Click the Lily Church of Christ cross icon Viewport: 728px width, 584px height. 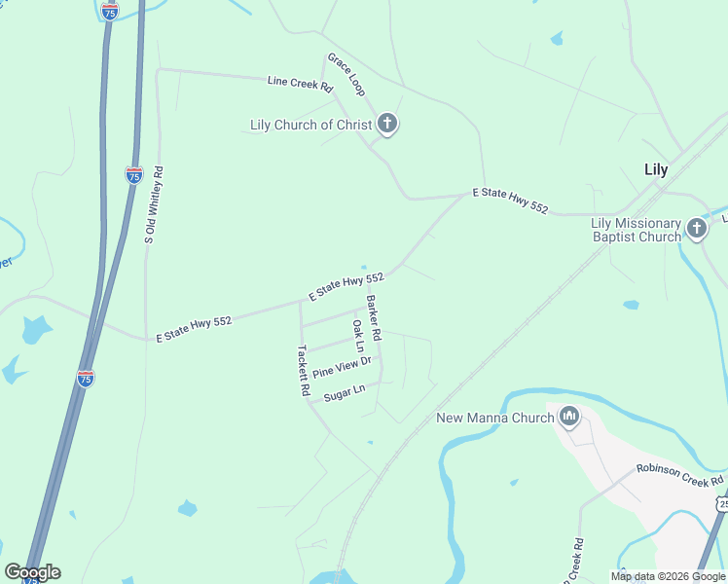387,124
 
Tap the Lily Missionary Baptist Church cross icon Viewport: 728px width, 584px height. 696,229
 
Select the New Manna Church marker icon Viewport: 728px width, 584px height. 570,418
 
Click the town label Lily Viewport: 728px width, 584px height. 656,169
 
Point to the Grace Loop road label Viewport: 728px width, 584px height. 346,75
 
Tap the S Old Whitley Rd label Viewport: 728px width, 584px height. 154,204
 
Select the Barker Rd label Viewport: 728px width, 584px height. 374,317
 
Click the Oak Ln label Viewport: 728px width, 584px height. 358,335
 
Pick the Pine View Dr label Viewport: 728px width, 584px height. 342,368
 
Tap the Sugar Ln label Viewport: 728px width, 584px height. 344,392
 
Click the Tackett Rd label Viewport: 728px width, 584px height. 304,371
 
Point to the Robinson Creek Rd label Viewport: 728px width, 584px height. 680,474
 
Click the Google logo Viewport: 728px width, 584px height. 32,572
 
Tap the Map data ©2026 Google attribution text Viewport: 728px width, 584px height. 668,576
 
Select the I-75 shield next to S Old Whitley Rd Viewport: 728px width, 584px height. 134,175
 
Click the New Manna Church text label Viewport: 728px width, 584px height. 493,418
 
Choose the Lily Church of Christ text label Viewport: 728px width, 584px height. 311,125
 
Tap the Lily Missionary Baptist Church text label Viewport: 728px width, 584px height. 637,230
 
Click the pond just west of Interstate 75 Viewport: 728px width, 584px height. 37,330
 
